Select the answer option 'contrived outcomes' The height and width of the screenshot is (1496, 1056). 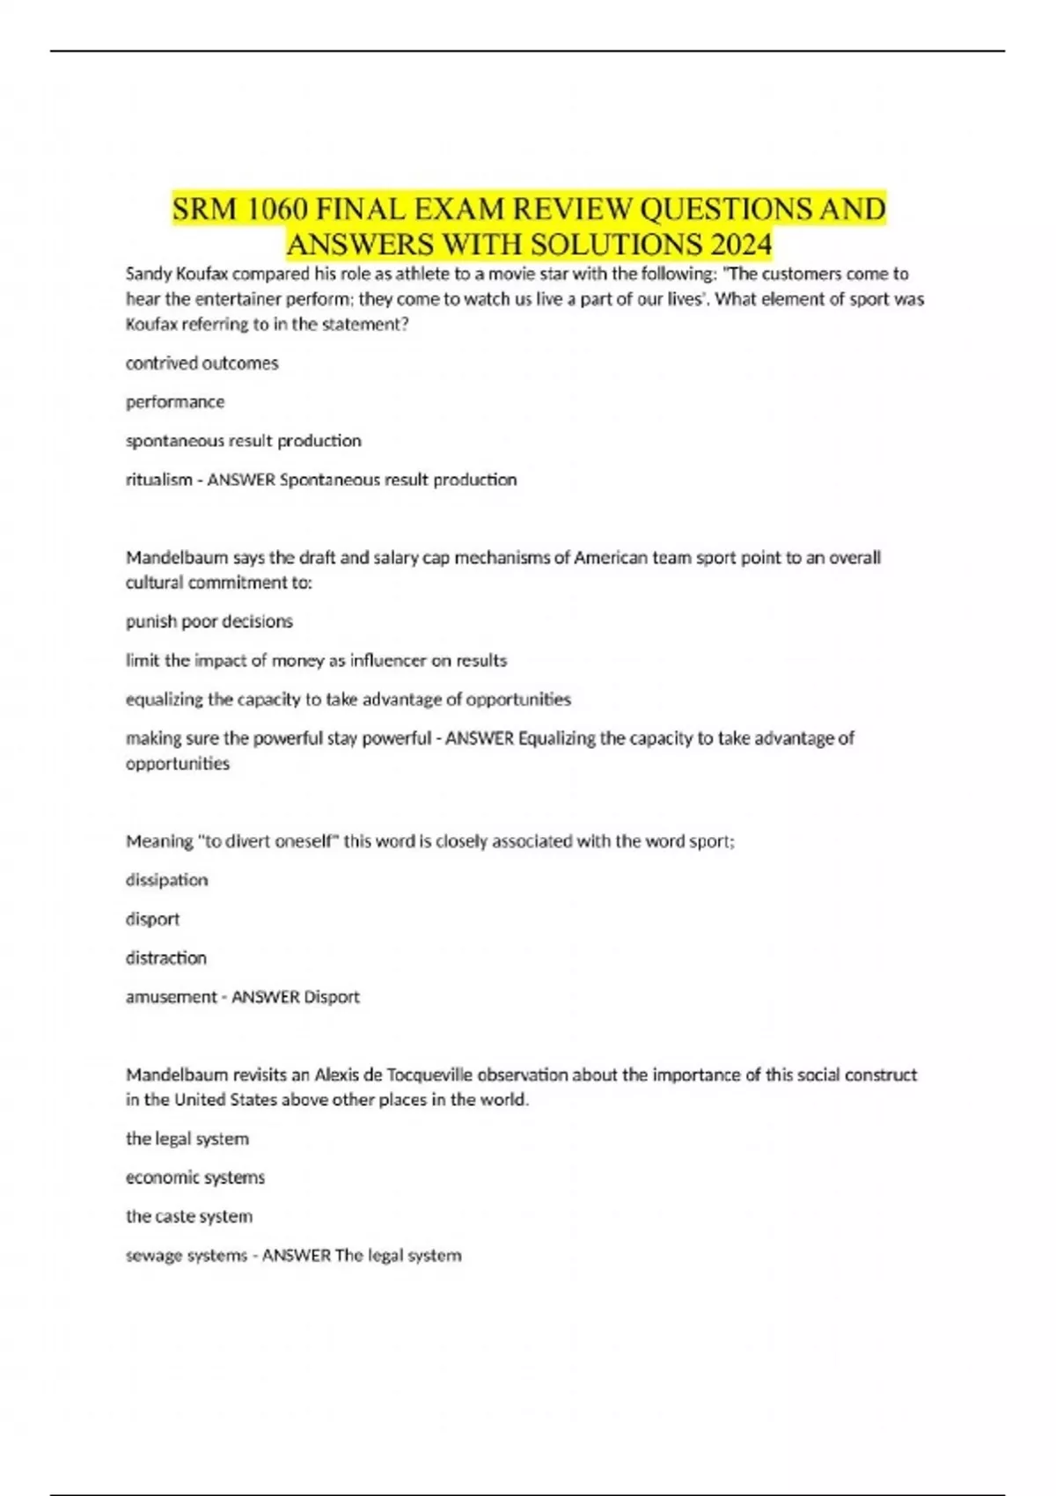tap(202, 363)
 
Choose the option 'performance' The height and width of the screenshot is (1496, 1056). tap(175, 402)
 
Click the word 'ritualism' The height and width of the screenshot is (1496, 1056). tap(158, 480)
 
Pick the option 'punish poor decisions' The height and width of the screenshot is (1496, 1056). tap(209, 621)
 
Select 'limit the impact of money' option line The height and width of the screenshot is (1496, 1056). tap(316, 660)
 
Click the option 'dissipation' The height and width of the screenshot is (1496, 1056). tap(167, 880)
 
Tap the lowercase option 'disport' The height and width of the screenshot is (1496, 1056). tap(152, 919)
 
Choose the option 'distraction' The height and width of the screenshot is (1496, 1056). tap(166, 957)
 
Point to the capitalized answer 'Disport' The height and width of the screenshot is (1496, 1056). tap(332, 997)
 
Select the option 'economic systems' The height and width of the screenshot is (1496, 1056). tap(195, 1177)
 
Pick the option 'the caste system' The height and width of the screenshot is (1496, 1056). tap(189, 1216)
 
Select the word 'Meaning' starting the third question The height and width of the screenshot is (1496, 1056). tap(159, 841)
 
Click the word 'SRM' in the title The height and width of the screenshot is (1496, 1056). tap(205, 209)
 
